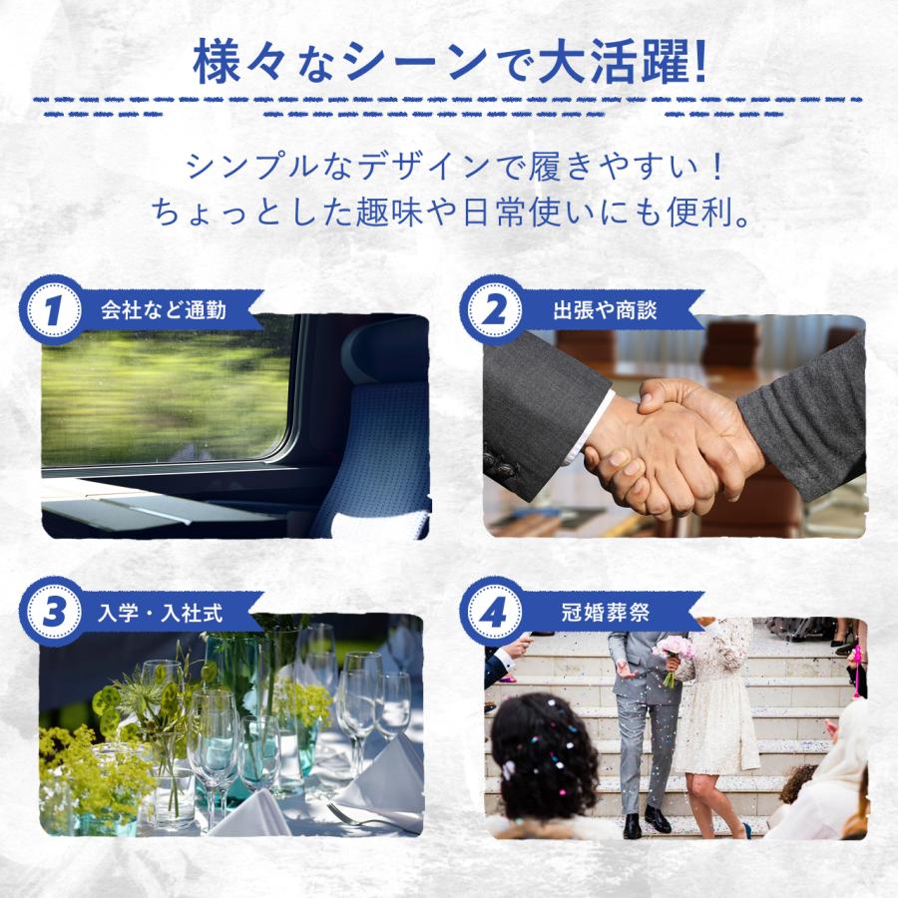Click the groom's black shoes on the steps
644,822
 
